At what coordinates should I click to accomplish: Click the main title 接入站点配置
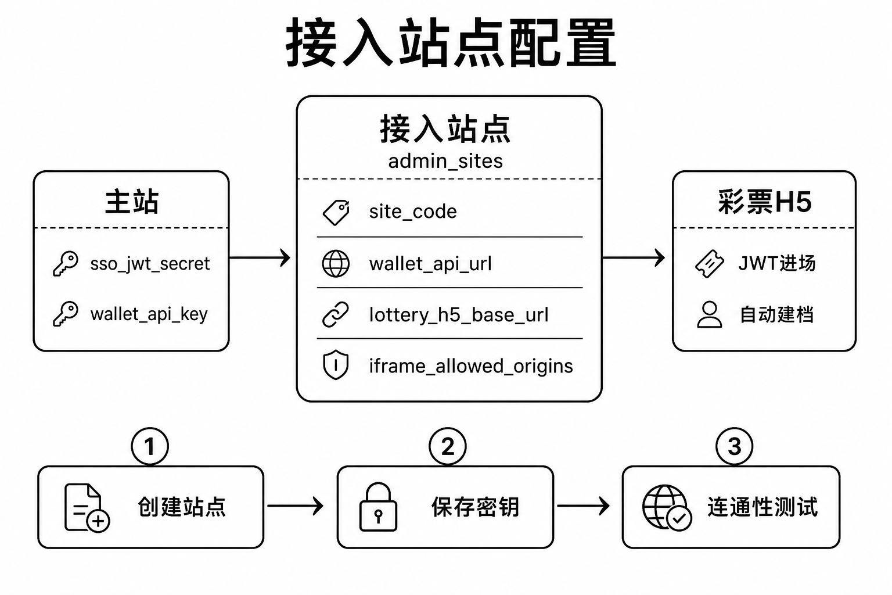(451, 42)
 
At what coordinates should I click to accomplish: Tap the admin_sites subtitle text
(445, 162)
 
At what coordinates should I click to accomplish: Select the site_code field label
(413, 212)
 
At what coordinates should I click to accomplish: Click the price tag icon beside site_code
(336, 213)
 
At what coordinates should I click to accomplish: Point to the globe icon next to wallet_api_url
(336, 263)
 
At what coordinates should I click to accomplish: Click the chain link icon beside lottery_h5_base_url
(335, 314)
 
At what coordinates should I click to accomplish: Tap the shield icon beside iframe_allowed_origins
(336, 365)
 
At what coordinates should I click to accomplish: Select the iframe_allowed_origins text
(471, 366)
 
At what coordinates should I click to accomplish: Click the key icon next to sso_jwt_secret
(66, 263)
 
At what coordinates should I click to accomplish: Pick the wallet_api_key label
(149, 314)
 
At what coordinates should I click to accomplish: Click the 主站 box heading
(132, 202)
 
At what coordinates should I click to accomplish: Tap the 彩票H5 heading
(765, 202)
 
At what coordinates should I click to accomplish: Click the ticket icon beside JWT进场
(710, 263)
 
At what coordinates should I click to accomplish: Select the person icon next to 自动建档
(710, 314)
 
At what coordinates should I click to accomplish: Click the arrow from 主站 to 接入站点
(260, 258)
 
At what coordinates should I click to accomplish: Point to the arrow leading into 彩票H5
(633, 258)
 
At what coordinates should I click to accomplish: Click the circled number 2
(448, 446)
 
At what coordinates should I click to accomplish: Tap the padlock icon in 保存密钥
(378, 507)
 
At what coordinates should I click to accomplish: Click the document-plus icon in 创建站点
(87, 508)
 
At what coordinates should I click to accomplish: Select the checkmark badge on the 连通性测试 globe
(679, 518)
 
